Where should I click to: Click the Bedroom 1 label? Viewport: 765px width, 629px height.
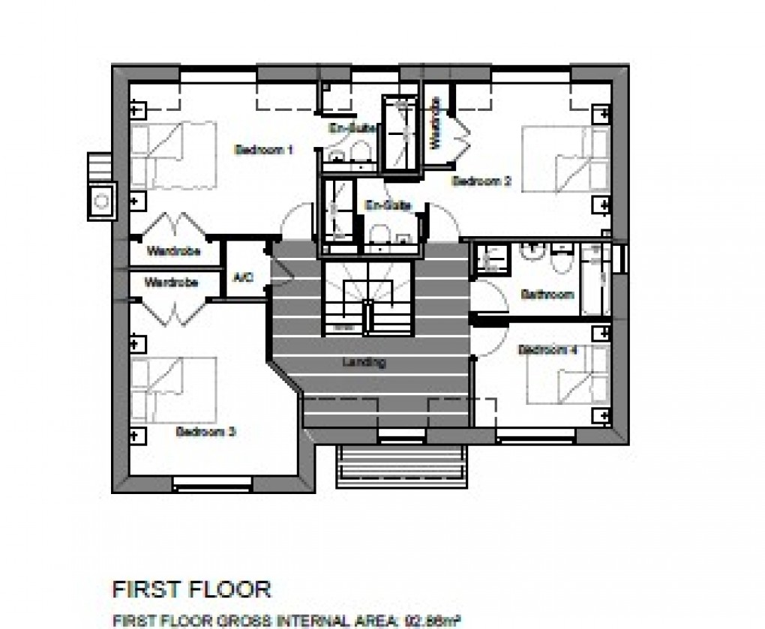[263, 150]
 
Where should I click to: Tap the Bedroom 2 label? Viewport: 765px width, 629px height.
[481, 181]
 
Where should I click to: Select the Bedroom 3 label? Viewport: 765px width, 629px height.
[206, 432]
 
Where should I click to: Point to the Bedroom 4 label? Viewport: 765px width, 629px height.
[547, 350]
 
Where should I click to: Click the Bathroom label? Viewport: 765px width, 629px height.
[547, 295]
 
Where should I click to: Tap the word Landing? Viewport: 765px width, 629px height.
[364, 363]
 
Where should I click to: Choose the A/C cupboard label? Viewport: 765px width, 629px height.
[244, 277]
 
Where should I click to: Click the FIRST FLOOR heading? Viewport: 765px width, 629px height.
[191, 589]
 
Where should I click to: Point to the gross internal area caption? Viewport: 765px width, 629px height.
[285, 621]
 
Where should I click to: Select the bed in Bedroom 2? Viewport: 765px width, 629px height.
[566, 160]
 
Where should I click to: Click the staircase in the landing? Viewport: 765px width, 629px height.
[368, 298]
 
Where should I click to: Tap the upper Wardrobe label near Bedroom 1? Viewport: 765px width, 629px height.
[173, 251]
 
